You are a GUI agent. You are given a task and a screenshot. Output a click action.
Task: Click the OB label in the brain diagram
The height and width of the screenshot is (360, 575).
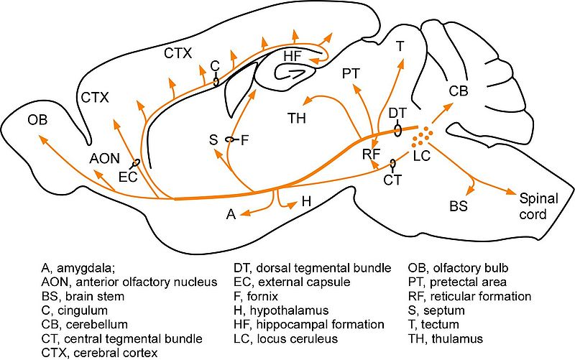click(x=37, y=119)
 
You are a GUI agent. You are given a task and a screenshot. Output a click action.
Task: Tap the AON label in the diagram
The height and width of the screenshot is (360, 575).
click(x=105, y=159)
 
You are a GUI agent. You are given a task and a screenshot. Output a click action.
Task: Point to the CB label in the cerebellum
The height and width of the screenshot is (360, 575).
click(x=459, y=91)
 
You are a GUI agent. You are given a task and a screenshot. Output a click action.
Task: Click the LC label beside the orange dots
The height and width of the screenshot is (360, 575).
click(x=421, y=156)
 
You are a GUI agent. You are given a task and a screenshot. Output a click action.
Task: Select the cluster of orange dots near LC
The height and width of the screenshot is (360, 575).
click(x=426, y=134)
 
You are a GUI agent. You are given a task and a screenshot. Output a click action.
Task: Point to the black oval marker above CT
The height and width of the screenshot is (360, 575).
click(x=392, y=165)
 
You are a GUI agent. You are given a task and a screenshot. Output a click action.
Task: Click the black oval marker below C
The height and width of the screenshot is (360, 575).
click(x=216, y=82)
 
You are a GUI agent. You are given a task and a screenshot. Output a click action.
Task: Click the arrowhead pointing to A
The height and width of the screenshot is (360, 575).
click(x=245, y=213)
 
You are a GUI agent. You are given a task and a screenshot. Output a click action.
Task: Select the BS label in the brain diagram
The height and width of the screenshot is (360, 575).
click(x=458, y=206)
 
